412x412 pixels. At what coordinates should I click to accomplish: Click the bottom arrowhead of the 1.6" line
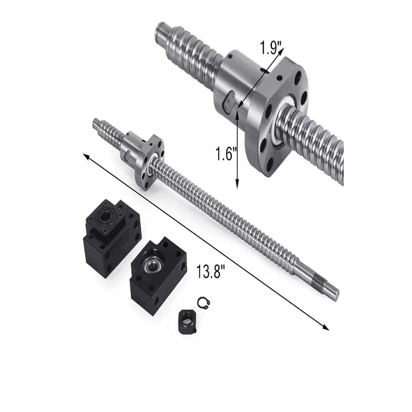coord(238,185)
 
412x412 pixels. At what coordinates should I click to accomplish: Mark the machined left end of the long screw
coord(99,124)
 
